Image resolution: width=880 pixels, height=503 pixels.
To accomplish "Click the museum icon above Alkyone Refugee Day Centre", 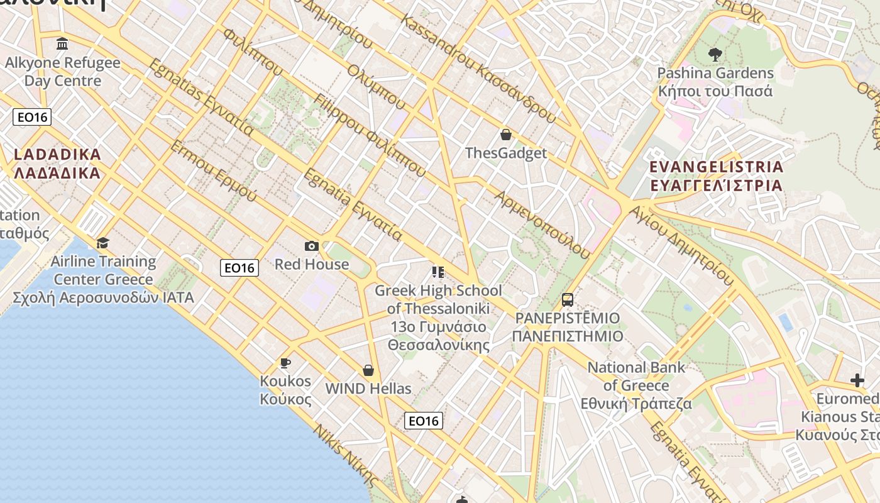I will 62,44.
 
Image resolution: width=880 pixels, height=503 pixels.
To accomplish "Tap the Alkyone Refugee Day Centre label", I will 62,72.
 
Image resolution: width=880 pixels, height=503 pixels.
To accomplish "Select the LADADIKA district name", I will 57,163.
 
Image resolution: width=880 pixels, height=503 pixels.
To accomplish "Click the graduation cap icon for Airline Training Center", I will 102,243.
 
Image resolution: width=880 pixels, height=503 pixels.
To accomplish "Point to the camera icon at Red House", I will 311,246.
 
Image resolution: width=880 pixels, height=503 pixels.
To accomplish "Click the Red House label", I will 311,264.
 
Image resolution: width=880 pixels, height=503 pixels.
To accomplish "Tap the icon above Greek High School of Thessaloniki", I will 438,272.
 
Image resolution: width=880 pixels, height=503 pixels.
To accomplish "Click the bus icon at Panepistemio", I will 568,300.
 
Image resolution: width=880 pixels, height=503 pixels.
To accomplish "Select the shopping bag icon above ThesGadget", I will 505,135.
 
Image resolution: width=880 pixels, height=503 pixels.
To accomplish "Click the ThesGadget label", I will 505,153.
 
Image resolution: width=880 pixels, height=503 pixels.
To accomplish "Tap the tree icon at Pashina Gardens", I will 715,55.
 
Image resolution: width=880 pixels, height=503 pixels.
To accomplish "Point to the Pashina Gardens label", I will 715,82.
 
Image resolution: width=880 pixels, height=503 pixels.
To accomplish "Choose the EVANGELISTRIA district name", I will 716,176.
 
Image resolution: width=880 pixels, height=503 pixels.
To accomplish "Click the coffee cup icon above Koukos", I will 285,363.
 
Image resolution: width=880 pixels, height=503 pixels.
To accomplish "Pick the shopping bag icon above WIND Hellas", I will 368,370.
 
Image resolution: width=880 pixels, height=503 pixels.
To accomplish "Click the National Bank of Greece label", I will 636,385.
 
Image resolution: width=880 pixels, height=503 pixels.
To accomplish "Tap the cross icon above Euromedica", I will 857,380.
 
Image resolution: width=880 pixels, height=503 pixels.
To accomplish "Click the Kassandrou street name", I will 478,69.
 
